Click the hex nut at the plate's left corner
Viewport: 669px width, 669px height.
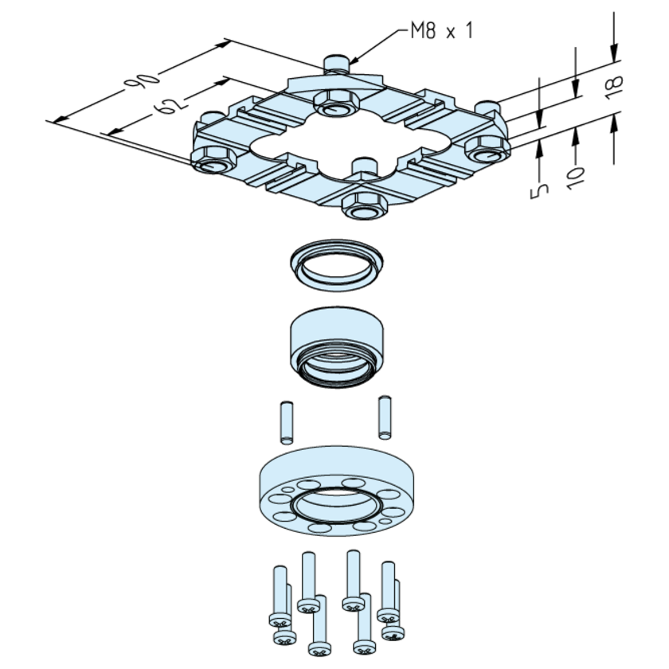[x=212, y=159]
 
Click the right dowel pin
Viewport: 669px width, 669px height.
[x=385, y=416]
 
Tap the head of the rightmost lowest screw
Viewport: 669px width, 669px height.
[x=393, y=632]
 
